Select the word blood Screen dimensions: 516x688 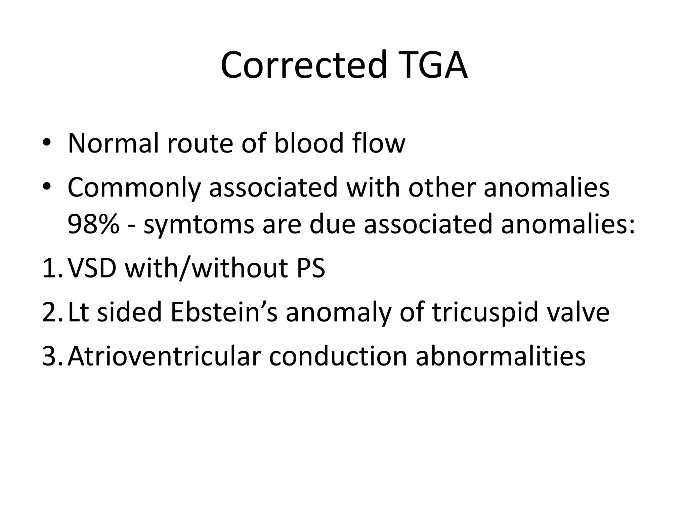[x=309, y=143]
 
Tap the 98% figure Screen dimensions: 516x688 [x=93, y=224]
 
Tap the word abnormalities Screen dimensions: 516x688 [x=501, y=356]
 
